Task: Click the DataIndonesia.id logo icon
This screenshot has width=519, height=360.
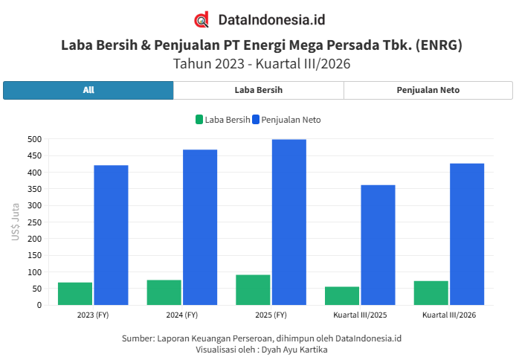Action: (x=202, y=19)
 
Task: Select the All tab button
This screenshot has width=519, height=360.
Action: (x=88, y=90)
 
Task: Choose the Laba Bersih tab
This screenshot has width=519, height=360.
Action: (x=259, y=90)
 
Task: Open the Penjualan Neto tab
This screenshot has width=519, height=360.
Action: (x=428, y=90)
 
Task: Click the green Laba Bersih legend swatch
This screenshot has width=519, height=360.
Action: (x=199, y=120)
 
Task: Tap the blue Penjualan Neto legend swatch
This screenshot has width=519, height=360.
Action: (x=256, y=120)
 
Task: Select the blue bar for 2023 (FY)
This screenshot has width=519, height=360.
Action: (x=111, y=235)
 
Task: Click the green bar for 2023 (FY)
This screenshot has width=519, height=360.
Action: (x=75, y=294)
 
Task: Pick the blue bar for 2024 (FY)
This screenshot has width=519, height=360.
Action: (x=200, y=227)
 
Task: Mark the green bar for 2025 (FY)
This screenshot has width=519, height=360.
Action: (x=253, y=290)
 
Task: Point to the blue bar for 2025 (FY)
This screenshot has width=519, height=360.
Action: (x=289, y=222)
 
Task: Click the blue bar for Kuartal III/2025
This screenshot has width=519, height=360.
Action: (x=378, y=245)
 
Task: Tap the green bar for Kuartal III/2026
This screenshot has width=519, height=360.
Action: (x=431, y=293)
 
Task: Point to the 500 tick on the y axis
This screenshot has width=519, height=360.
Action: (x=35, y=139)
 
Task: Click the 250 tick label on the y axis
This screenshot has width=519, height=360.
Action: (x=35, y=222)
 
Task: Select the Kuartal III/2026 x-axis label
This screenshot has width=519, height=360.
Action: (x=449, y=315)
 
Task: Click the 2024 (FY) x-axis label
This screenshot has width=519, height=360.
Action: (x=181, y=315)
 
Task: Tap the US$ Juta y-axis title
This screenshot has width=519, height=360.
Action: (x=15, y=222)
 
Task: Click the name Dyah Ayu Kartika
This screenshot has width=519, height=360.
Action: (x=294, y=350)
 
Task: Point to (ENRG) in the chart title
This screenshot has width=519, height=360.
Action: (x=439, y=45)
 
